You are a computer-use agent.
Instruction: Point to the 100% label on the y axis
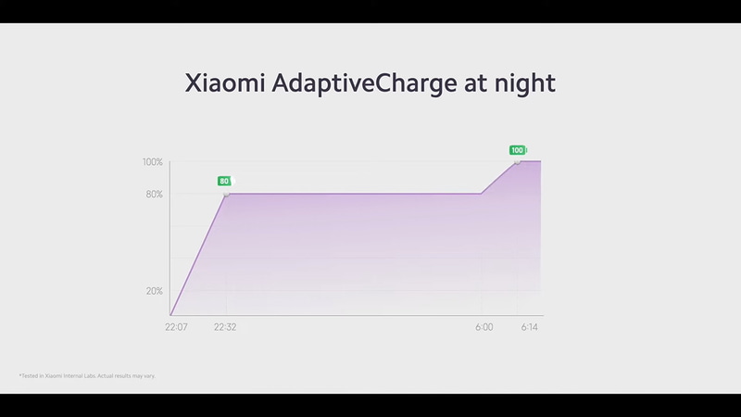[x=152, y=162]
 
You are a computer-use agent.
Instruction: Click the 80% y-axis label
[x=154, y=194]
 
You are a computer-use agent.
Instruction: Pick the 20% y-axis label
[x=154, y=291]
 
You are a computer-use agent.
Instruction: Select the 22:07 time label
[x=176, y=327]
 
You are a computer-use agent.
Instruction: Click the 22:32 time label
[x=225, y=327]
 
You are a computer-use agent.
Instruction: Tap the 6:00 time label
[x=484, y=327]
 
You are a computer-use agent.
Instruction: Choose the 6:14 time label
[x=528, y=327]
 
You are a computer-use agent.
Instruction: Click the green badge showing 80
[x=224, y=181]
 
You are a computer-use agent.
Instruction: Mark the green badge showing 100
[x=517, y=149]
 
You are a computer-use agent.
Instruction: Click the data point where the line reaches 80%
[x=226, y=194]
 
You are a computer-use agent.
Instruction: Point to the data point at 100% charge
[x=518, y=161]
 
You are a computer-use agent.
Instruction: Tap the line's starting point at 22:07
[x=171, y=316]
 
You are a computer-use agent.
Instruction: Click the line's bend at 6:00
[x=481, y=194]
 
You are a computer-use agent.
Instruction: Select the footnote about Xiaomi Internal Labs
[x=93, y=375]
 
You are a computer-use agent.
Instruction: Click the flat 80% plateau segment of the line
[x=352, y=194]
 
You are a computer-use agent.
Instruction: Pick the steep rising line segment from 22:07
[x=198, y=255]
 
